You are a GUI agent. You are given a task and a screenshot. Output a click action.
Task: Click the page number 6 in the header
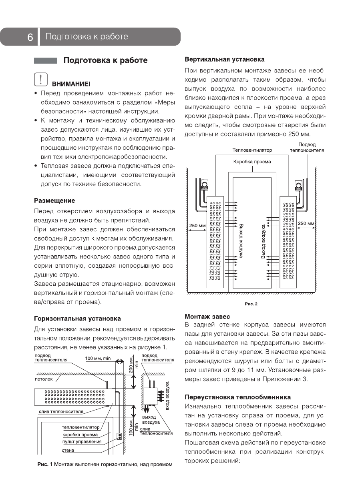point(30,37)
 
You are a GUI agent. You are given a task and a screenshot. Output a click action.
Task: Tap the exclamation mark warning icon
point(41,79)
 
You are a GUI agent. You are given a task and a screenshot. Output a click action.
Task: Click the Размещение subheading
point(54,200)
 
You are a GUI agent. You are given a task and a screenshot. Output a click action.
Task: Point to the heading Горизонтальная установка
point(77,319)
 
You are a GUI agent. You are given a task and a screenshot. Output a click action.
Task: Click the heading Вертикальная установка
point(224,59)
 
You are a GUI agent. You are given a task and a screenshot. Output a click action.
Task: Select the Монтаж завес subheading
point(207,316)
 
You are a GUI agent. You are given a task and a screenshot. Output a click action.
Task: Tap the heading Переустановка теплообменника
point(237,397)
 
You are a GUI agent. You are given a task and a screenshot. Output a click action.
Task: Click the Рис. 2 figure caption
point(251,304)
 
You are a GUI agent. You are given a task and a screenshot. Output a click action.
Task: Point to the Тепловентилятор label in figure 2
point(252,150)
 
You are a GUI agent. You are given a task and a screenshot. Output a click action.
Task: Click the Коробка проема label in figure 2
point(252,162)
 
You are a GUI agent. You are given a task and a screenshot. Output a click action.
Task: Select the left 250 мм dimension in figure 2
point(197,226)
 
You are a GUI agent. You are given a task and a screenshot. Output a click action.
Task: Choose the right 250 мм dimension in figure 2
point(306,223)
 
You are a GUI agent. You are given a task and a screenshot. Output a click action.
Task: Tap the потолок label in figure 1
point(44,379)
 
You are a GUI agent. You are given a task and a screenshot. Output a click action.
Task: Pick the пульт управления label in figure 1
point(82,442)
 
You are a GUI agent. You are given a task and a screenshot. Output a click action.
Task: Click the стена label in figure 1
point(68,450)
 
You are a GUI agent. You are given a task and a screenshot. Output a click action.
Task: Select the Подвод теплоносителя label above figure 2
point(307,147)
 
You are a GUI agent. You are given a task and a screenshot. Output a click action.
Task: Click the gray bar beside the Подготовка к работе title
point(45,61)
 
